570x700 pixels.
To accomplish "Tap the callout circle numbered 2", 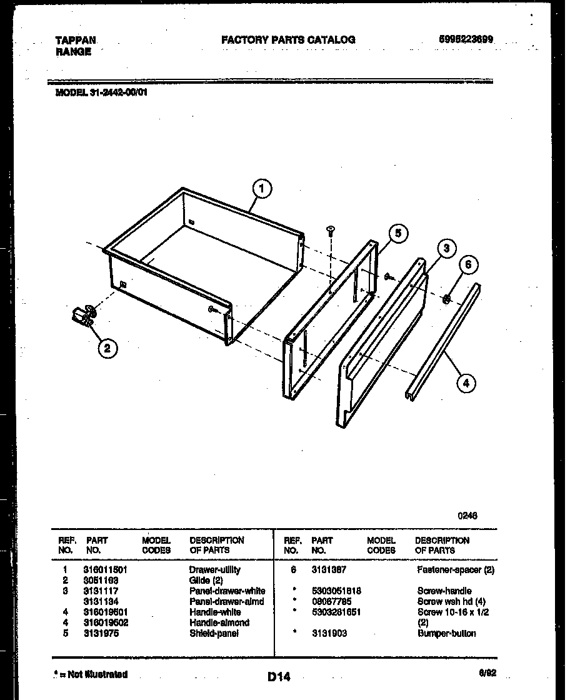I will click(x=107, y=349).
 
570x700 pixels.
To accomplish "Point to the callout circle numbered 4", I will click(x=465, y=382).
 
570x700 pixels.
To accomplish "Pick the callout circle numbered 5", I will click(x=397, y=232).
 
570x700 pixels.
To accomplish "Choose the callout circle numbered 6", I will click(x=469, y=264).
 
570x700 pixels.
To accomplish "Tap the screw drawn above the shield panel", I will click(x=331, y=231).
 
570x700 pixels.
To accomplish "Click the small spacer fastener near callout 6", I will click(x=447, y=299).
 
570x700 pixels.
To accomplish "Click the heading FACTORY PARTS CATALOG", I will click(x=288, y=39).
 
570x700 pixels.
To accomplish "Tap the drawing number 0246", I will click(x=467, y=516).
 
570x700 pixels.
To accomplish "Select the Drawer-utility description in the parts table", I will click(x=214, y=570).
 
